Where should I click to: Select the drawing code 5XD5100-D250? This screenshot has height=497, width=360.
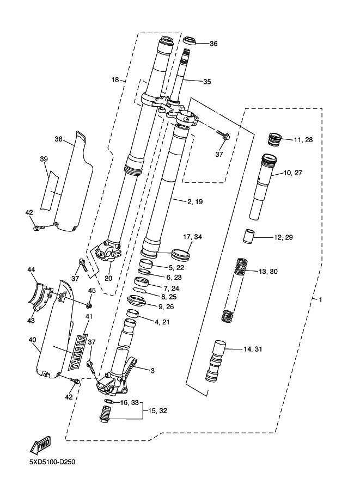pyautogui.click(x=52, y=463)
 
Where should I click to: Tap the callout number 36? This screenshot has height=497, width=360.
pyautogui.click(x=213, y=44)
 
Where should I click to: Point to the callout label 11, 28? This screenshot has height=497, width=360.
pyautogui.click(x=303, y=140)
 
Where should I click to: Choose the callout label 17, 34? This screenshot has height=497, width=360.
pyautogui.click(x=193, y=237)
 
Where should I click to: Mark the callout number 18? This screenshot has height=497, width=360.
pyautogui.click(x=115, y=80)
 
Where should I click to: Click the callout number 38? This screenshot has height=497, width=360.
pyautogui.click(x=59, y=139)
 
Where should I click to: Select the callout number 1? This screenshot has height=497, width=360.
pyautogui.click(x=321, y=300)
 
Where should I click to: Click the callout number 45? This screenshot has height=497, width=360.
pyautogui.click(x=91, y=291)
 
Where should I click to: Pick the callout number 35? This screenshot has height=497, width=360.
pyautogui.click(x=207, y=82)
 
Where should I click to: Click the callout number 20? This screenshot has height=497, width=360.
pyautogui.click(x=108, y=278)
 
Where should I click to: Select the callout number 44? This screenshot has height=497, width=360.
pyautogui.click(x=31, y=270)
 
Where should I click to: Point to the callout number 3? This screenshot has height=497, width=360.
pyautogui.click(x=152, y=371)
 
